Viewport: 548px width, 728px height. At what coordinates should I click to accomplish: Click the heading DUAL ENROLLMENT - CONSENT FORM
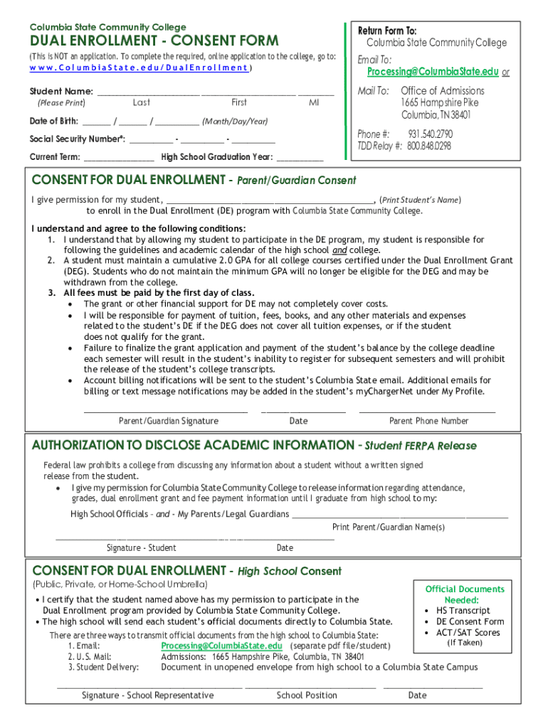(x=154, y=41)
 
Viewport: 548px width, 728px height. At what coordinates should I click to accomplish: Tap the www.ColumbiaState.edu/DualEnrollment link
(x=139, y=68)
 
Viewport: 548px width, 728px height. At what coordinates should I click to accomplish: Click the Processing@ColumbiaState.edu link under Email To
(x=433, y=72)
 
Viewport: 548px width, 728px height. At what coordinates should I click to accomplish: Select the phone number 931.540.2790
(x=430, y=134)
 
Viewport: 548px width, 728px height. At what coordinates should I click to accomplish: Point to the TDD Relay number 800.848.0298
(x=429, y=146)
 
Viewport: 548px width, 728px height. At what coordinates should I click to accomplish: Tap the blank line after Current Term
(x=119, y=157)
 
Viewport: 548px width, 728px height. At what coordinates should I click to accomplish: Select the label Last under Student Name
(x=141, y=103)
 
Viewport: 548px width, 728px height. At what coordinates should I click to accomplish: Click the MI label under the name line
(x=314, y=103)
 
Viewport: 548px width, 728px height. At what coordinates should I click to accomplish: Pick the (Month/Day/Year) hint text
(x=235, y=121)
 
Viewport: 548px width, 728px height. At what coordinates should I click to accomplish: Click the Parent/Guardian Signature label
(x=168, y=421)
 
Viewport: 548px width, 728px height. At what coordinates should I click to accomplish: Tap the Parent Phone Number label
(x=428, y=421)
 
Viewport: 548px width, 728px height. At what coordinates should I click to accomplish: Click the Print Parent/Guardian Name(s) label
(x=388, y=527)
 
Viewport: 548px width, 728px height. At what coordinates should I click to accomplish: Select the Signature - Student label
(x=141, y=547)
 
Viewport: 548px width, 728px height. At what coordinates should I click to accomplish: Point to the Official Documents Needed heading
(x=465, y=594)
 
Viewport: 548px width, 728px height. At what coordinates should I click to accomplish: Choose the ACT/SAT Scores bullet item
(x=468, y=632)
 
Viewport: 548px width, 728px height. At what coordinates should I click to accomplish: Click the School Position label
(x=307, y=695)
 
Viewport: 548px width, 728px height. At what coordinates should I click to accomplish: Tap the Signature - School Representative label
(x=147, y=695)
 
